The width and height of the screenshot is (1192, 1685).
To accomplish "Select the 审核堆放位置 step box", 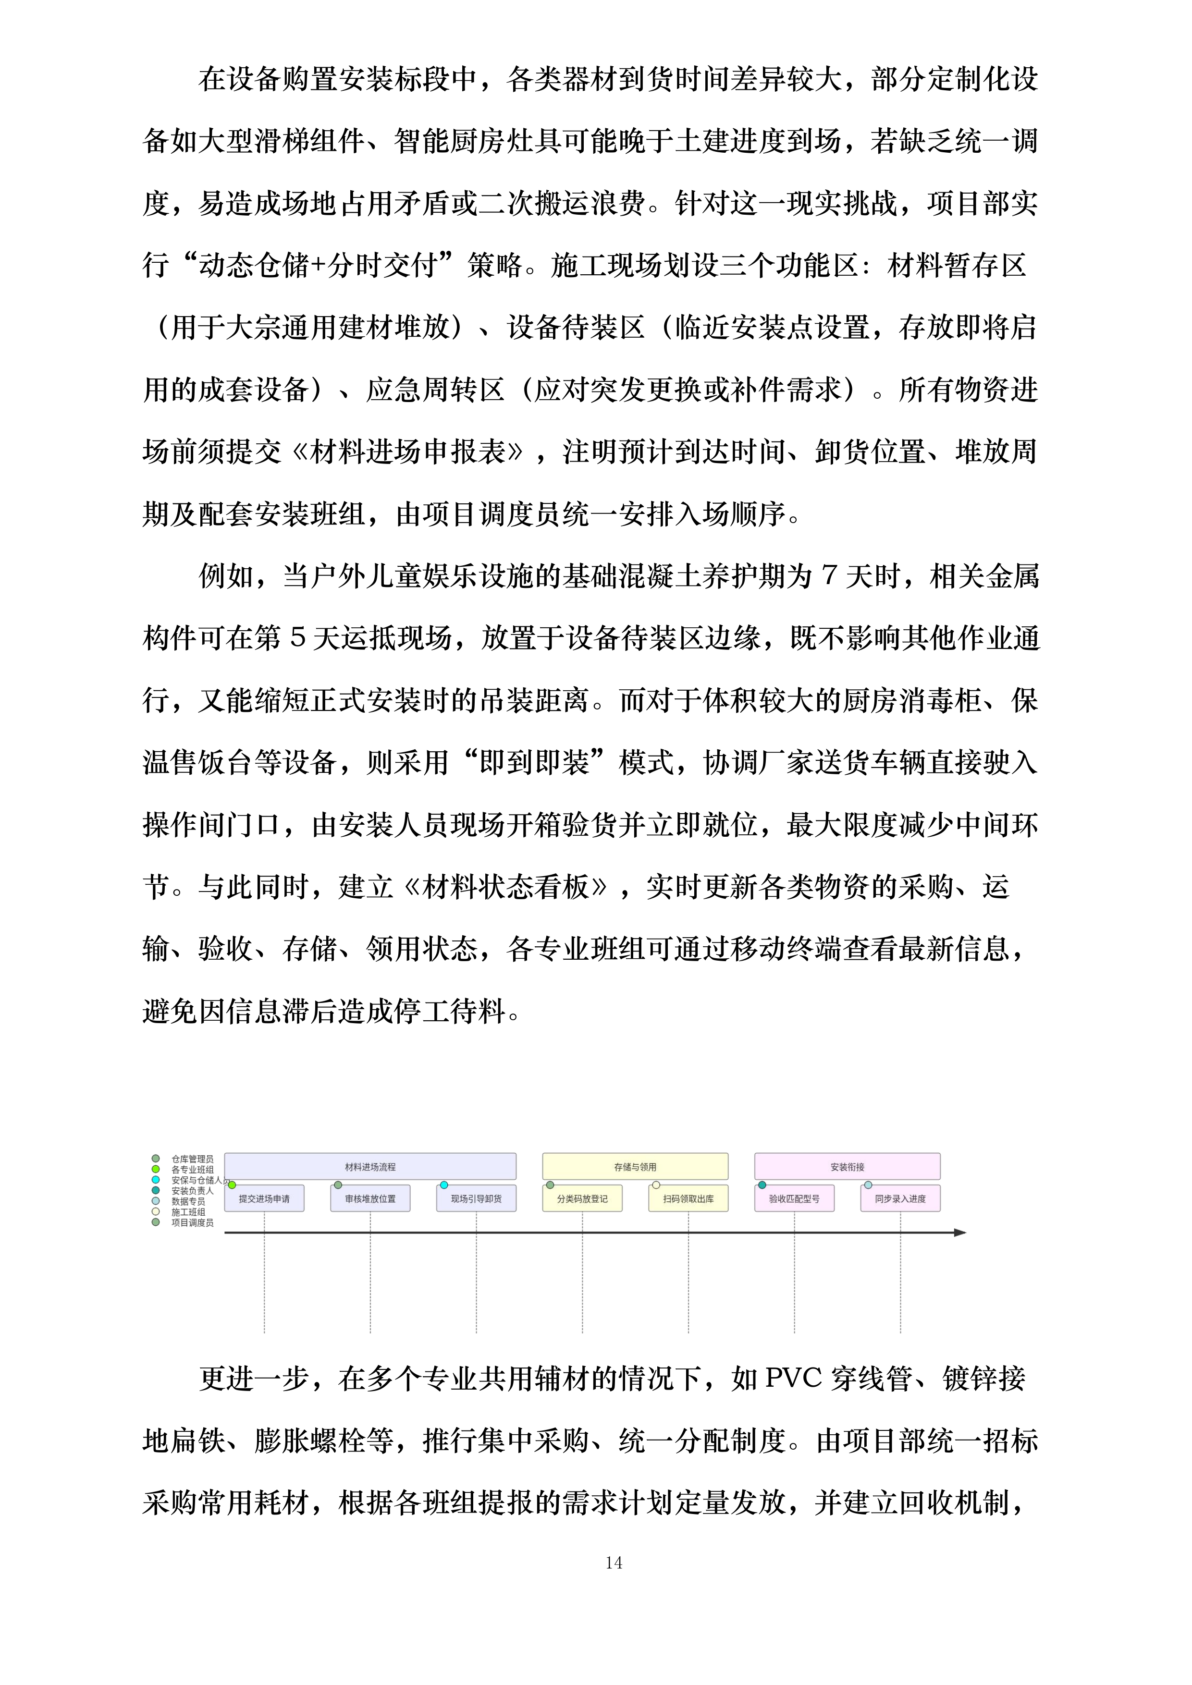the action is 370,1198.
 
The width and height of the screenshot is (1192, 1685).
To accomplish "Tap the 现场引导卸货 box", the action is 476,1198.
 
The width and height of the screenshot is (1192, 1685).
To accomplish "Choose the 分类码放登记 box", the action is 582,1198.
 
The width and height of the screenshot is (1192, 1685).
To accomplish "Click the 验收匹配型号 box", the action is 794,1198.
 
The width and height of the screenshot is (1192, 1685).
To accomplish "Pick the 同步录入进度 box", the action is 900,1198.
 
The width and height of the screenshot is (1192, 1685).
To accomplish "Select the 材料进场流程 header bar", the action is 370,1166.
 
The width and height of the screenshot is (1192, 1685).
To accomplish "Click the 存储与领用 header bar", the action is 635,1166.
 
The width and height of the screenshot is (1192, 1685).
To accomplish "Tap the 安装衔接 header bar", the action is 847,1166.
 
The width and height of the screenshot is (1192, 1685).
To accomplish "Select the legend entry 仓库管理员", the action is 192,1159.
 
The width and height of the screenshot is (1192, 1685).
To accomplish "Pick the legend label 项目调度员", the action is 192,1222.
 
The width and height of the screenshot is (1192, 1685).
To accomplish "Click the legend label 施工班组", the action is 189,1212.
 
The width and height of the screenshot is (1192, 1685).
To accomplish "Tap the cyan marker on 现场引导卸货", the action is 444,1184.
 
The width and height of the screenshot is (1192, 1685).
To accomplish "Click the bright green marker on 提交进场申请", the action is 232,1184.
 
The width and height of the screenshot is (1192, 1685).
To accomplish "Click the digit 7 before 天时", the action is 829,576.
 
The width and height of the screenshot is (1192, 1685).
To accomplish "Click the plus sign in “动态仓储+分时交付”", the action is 320,266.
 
